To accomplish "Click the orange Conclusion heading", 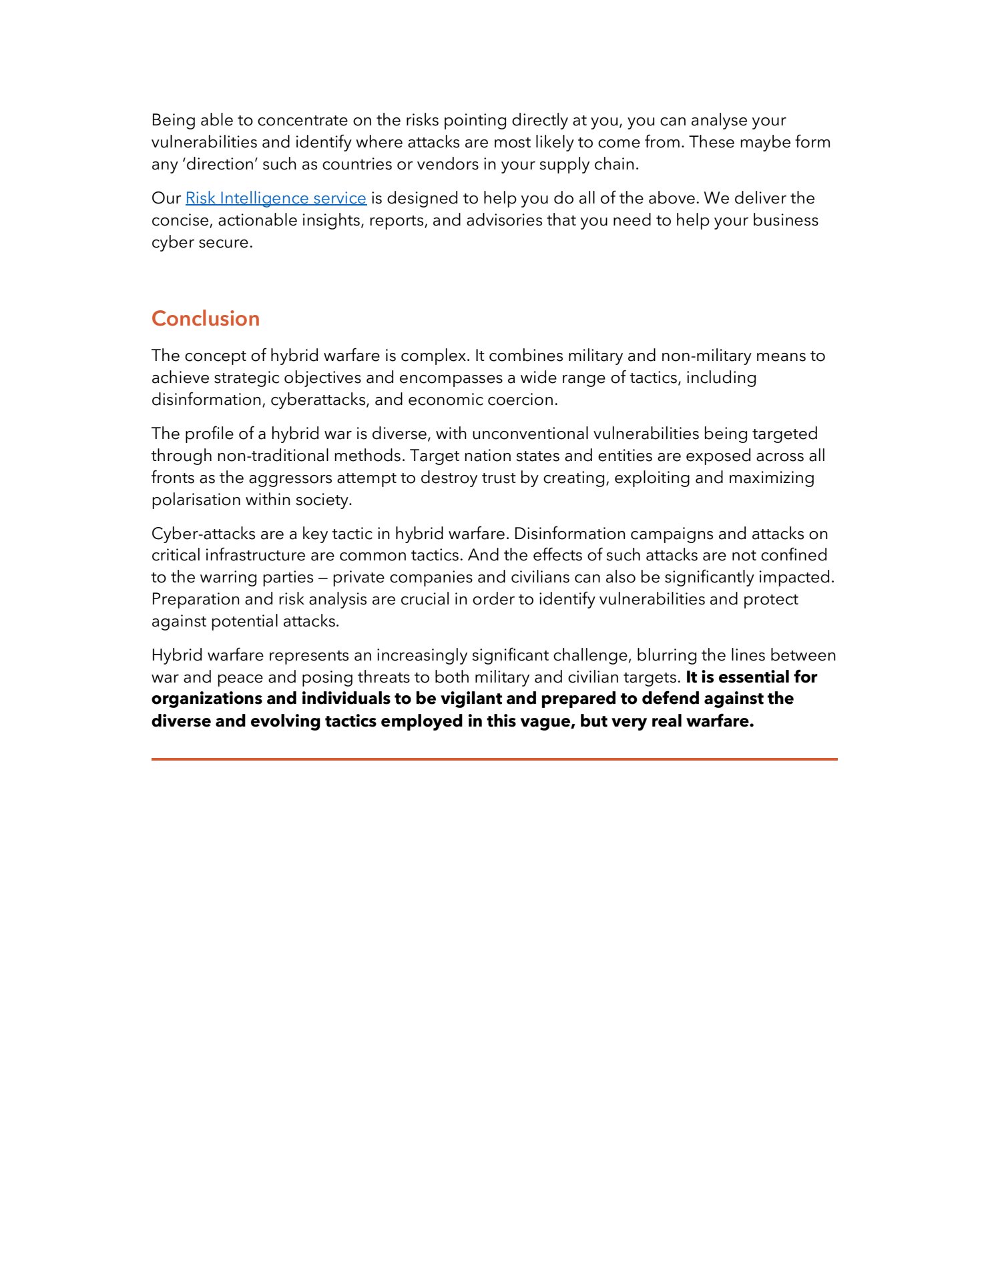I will pos(205,319).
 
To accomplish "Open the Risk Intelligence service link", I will pos(276,198).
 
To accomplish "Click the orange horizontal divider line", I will pos(494,759).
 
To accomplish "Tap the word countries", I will pos(357,164).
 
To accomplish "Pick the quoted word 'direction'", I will pos(219,164).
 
